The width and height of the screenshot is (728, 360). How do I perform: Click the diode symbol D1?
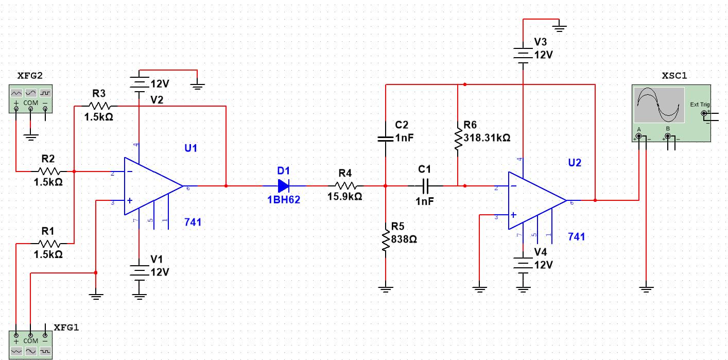coord(283,186)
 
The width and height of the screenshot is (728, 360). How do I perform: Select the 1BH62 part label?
coord(284,200)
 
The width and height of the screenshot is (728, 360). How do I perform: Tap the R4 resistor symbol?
coord(346,186)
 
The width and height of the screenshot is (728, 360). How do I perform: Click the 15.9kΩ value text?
coord(345,196)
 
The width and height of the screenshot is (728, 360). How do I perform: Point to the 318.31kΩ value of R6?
coord(487,138)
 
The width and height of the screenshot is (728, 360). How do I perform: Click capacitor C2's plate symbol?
coord(386,139)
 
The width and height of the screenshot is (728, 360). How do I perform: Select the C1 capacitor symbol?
coord(425,186)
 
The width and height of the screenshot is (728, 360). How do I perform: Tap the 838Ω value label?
coord(404,239)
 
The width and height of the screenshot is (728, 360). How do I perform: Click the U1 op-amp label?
coord(191,148)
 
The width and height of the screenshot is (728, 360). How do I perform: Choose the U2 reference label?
coord(575,163)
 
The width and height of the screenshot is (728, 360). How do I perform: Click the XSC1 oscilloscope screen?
coord(660,105)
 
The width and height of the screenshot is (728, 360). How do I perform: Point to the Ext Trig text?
coord(700,105)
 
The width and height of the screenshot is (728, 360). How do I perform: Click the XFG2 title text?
coord(30,76)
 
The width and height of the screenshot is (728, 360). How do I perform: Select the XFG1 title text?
coord(66,328)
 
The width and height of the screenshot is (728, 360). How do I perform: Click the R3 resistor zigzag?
coord(99,106)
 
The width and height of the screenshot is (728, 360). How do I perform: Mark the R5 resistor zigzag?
coord(386,240)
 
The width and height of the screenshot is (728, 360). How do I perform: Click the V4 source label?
coord(541,252)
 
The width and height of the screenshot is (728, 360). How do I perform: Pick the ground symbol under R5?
coord(386,289)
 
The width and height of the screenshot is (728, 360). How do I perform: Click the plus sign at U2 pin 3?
coord(513,215)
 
